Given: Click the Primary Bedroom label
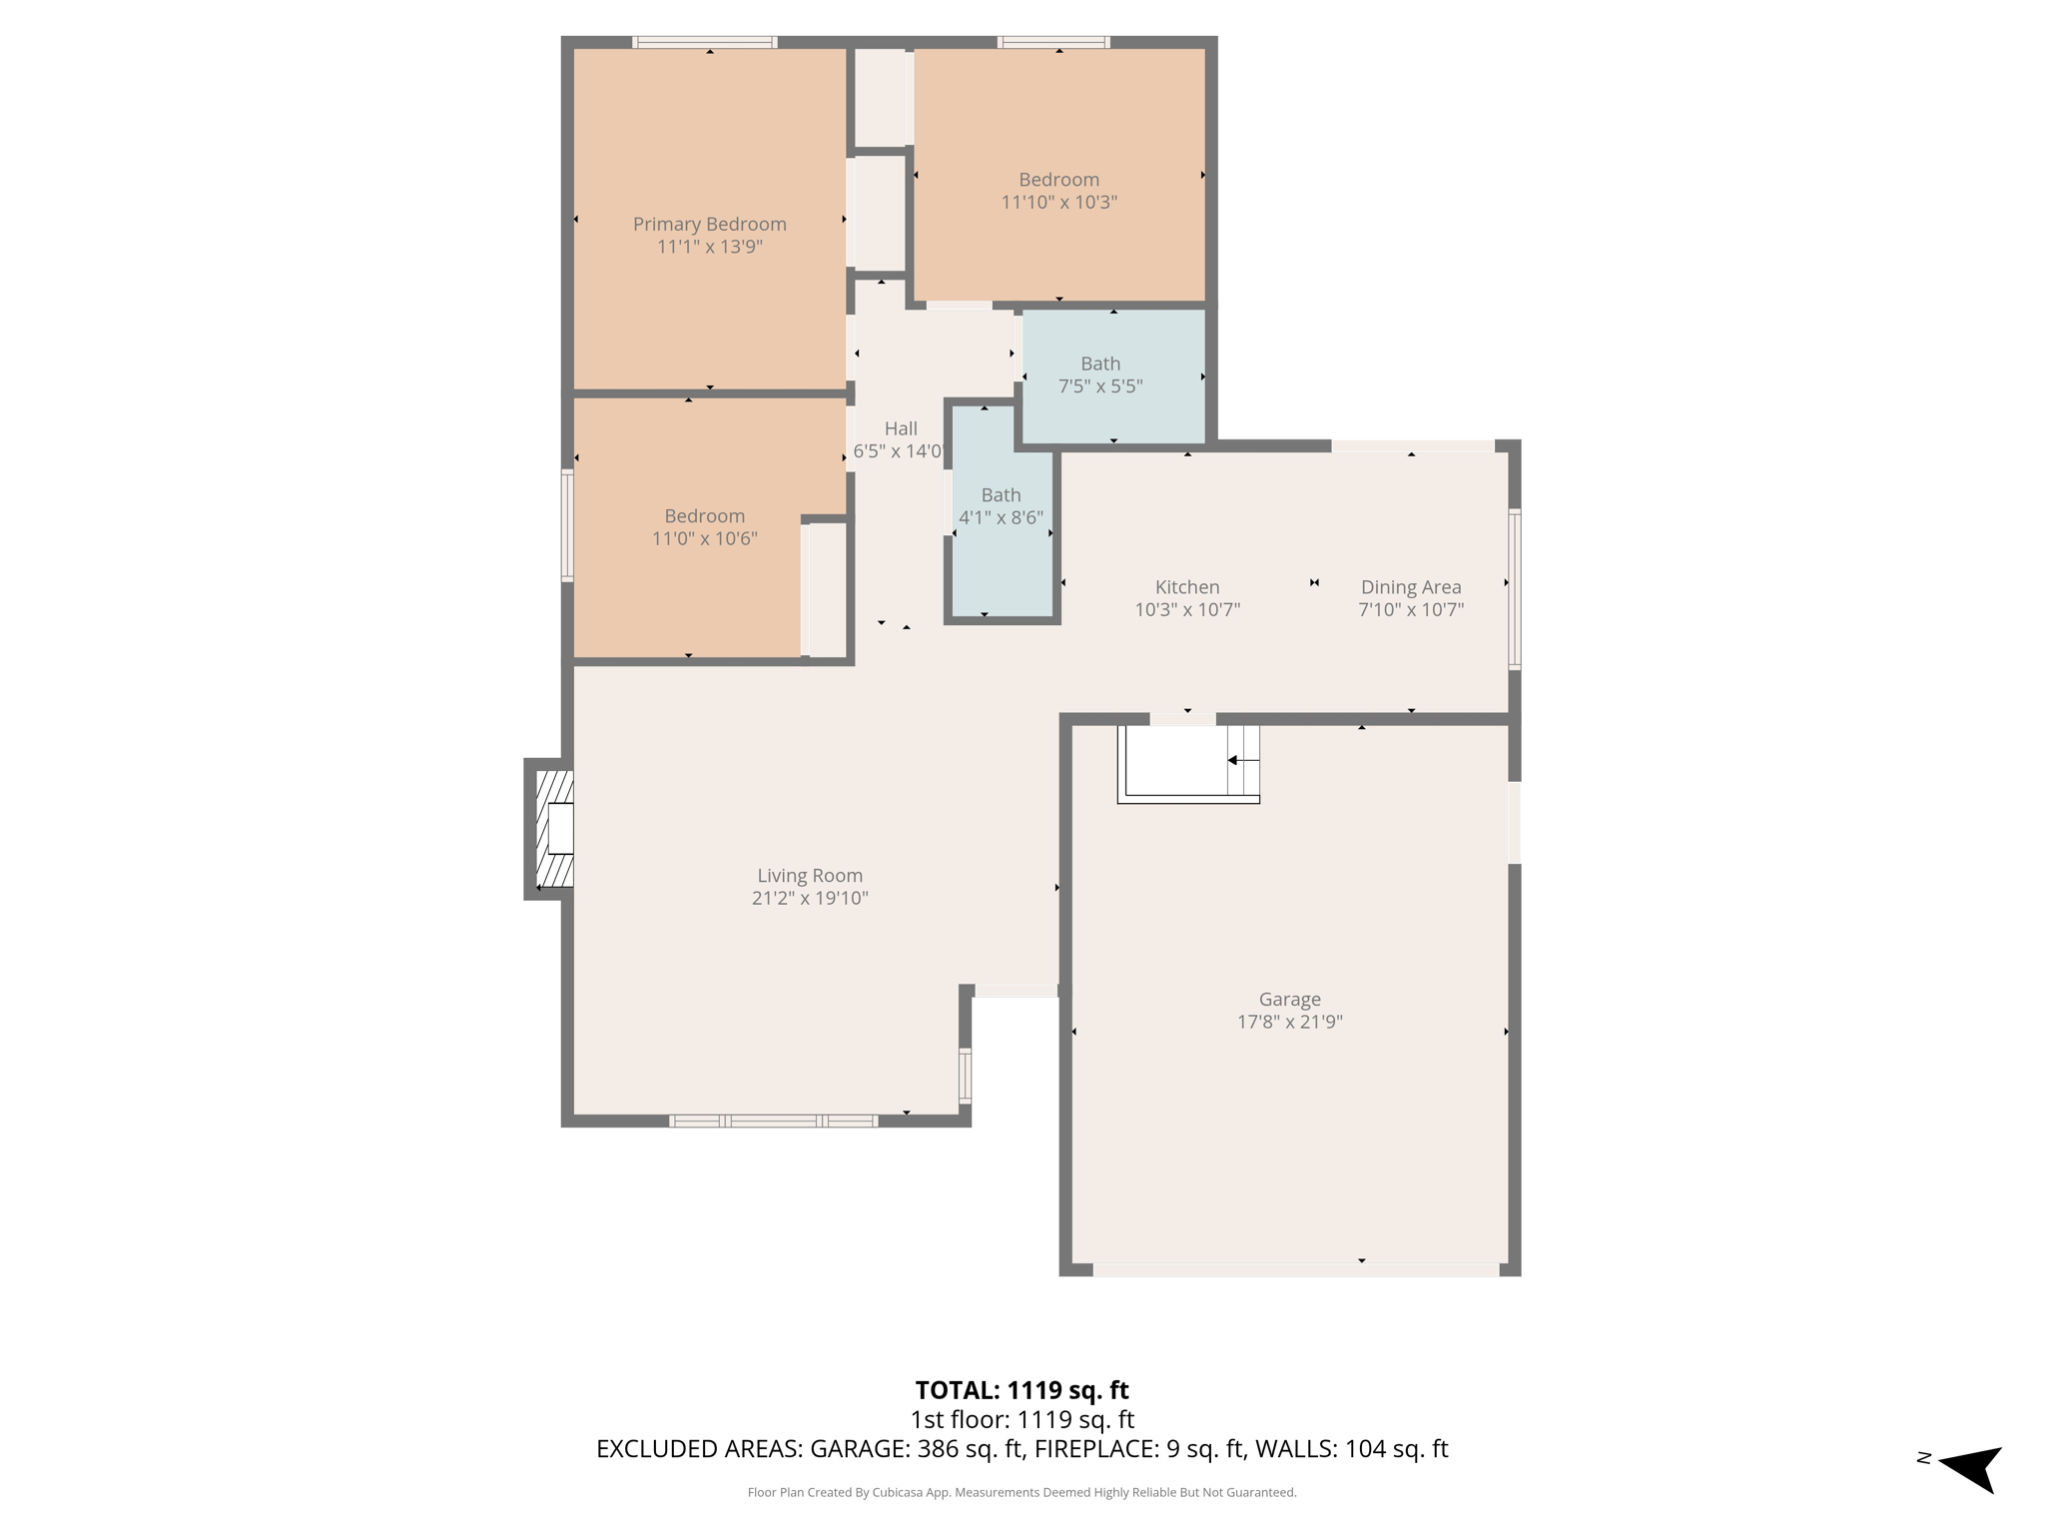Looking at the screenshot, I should pos(709,224).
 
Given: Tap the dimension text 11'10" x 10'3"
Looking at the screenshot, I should pos(1058,202).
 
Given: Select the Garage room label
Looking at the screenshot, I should pos(1289,999).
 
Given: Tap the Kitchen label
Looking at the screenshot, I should pos(1187,587).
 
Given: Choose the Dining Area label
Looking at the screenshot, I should pos(1410,587).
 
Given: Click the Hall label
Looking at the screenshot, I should pos(900,428).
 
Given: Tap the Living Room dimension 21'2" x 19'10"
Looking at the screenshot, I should pos(809,898).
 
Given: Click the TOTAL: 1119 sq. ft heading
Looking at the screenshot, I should pos(1022,1390).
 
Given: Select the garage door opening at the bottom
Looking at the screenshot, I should pos(1295,1269).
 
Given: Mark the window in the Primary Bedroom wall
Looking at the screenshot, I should pos(704,42).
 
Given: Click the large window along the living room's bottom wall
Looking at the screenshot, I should pos(773,1121).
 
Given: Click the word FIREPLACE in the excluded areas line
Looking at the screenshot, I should pos(1093,1448).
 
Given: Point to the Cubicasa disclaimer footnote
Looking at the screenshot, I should pos(1022,1492).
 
